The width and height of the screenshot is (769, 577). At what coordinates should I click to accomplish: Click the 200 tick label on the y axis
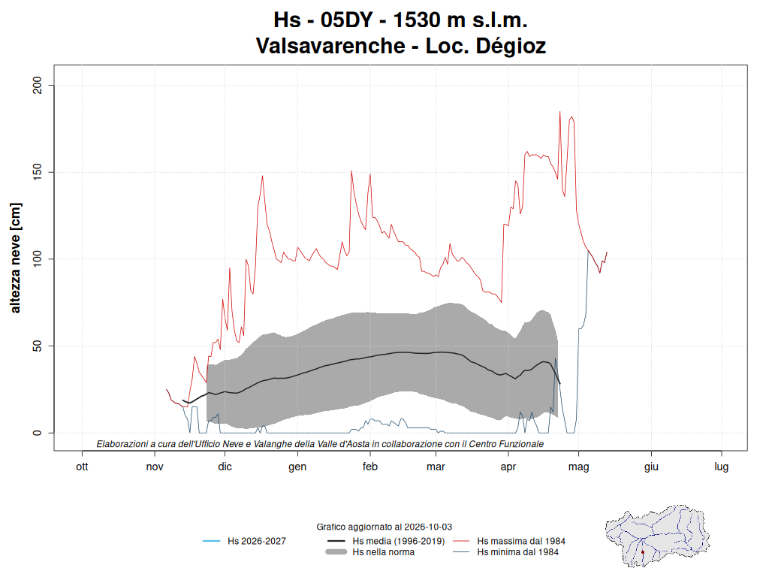(38, 86)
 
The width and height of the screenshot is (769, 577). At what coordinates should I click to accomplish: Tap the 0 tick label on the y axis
(38, 433)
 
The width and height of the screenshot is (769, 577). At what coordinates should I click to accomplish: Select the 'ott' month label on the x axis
(82, 467)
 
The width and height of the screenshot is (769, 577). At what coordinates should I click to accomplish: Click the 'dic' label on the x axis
(225, 467)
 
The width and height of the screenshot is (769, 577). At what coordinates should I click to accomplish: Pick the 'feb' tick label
(369, 467)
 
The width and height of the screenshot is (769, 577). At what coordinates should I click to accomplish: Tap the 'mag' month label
(579, 467)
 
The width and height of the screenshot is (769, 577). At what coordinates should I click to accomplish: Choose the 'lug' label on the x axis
(722, 467)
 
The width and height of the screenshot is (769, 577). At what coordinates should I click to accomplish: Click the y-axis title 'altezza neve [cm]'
(15, 258)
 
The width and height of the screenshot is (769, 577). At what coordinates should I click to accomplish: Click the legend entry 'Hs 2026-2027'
(244, 541)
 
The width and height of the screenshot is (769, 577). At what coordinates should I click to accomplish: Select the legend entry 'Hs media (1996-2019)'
(386, 541)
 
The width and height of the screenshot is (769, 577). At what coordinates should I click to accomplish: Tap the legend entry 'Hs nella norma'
(371, 552)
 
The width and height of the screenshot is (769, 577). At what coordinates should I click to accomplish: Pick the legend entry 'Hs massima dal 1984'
(509, 541)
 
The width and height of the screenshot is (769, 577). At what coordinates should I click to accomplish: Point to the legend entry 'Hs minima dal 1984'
(505, 552)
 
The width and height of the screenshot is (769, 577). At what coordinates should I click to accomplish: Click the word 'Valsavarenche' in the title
(330, 46)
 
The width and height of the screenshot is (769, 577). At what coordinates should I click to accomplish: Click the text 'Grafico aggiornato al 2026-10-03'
(384, 527)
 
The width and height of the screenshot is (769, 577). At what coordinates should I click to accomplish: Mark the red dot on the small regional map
(643, 552)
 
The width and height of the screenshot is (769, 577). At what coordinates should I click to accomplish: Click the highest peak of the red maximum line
(559, 112)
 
